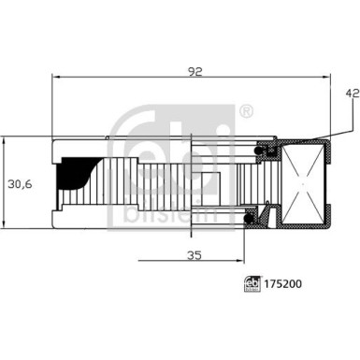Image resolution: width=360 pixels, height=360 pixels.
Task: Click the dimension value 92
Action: [x=195, y=72]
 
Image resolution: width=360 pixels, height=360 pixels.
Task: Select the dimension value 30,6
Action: [x=20, y=184]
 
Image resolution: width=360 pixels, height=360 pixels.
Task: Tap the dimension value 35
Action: [x=194, y=255]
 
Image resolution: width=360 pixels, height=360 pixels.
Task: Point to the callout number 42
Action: [x=353, y=94]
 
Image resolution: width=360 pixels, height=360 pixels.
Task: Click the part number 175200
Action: [x=283, y=284]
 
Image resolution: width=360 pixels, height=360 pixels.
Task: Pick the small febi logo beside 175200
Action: [x=252, y=283]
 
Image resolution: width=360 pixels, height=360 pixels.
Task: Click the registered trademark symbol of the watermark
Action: [x=246, y=111]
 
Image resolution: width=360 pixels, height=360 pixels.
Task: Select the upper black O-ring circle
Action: [x=258, y=151]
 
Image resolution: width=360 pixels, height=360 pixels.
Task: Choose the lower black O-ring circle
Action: [x=249, y=219]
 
